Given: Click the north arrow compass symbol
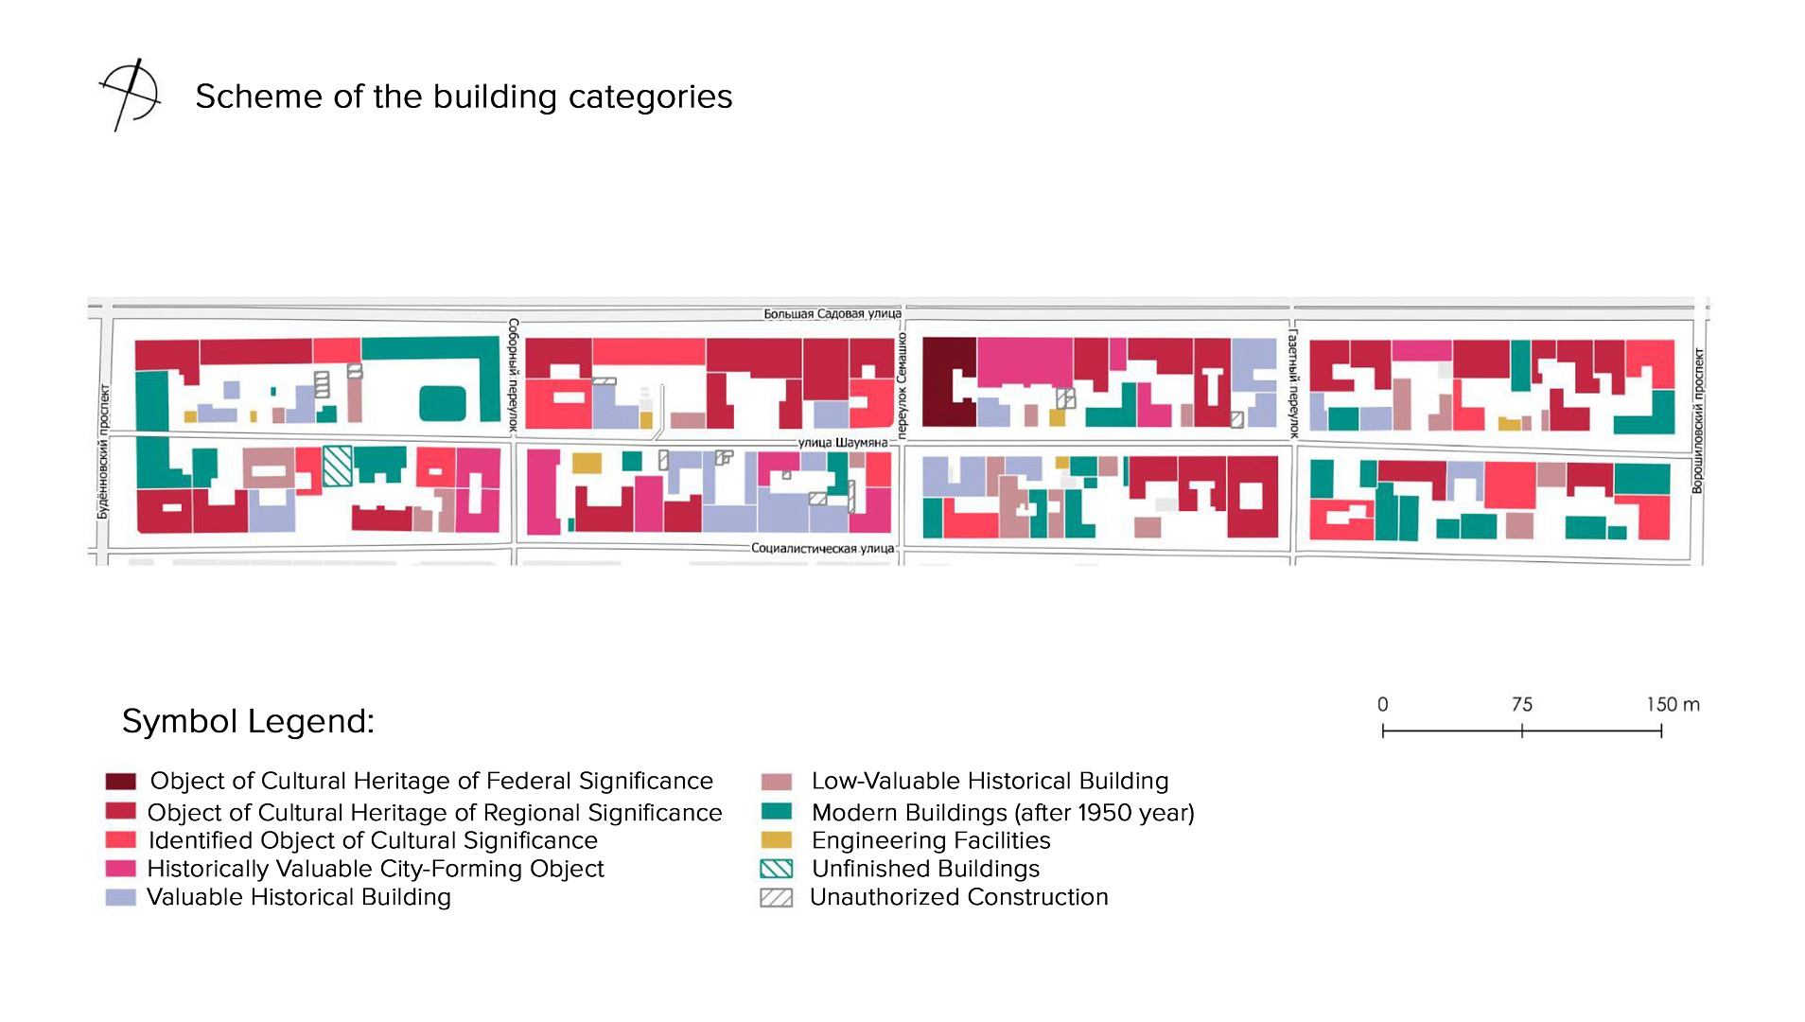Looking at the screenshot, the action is [131, 95].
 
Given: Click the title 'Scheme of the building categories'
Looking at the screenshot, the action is [464, 97].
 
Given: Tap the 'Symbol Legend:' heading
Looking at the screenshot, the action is [248, 721].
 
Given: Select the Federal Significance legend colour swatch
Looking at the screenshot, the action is [121, 782].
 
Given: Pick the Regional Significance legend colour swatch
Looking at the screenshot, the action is [121, 812].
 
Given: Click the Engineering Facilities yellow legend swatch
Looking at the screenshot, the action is [777, 840].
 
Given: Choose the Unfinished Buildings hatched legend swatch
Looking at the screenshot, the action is [777, 869].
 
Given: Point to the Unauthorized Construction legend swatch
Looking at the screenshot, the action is [777, 897].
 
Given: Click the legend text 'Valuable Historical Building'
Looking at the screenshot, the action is [299, 897].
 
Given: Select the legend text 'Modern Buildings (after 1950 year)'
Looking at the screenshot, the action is [1003, 813].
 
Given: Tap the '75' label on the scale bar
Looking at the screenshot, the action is [1522, 705].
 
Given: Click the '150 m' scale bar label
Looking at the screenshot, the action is [1673, 705].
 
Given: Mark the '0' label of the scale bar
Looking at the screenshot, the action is [1383, 705].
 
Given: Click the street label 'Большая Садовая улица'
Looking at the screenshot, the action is [832, 314].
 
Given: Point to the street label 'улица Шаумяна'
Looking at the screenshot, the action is [843, 442].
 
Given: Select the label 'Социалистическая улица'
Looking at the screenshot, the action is [822, 548].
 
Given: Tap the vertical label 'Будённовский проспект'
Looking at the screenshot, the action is [103, 450].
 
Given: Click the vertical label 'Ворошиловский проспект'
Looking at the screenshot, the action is [1698, 421].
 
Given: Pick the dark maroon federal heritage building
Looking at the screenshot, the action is [949, 381].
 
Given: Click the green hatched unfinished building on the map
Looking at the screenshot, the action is [338, 466].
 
